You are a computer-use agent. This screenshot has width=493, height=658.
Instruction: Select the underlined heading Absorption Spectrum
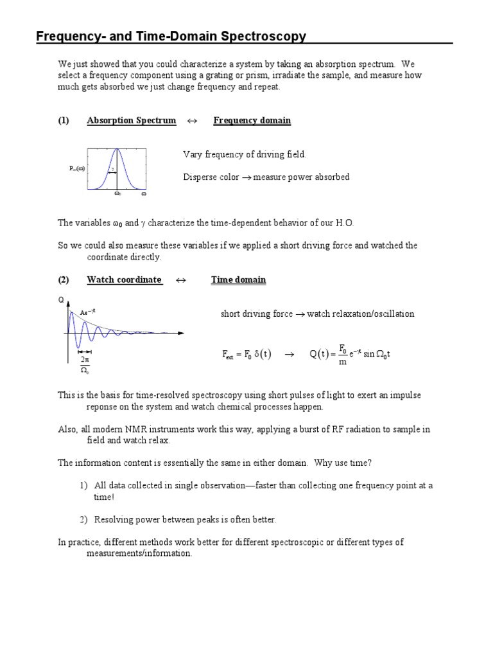tap(131, 120)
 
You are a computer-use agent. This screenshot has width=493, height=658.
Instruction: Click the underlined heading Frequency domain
tap(252, 120)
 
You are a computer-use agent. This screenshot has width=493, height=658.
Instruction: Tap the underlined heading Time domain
tap(238, 280)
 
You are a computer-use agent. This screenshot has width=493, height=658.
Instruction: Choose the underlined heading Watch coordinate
tap(124, 280)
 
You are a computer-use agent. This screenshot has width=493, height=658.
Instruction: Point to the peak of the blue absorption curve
tap(117, 150)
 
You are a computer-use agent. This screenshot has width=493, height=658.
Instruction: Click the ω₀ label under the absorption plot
tap(117, 193)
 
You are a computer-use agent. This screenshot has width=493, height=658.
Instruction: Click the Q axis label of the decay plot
tap(60, 300)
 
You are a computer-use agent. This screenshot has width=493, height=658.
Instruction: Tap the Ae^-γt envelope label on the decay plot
tap(87, 312)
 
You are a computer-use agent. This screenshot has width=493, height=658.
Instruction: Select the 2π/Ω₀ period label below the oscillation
tap(84, 364)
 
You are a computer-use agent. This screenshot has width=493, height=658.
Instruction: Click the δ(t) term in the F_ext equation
tap(263, 355)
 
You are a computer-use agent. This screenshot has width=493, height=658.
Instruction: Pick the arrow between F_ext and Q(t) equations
tap(289, 355)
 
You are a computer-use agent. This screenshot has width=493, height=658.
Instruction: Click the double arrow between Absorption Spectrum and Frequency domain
tap(191, 121)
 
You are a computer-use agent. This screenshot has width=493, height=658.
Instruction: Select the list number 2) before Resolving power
tap(83, 519)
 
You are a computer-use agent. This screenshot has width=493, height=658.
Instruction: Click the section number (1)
tap(63, 120)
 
